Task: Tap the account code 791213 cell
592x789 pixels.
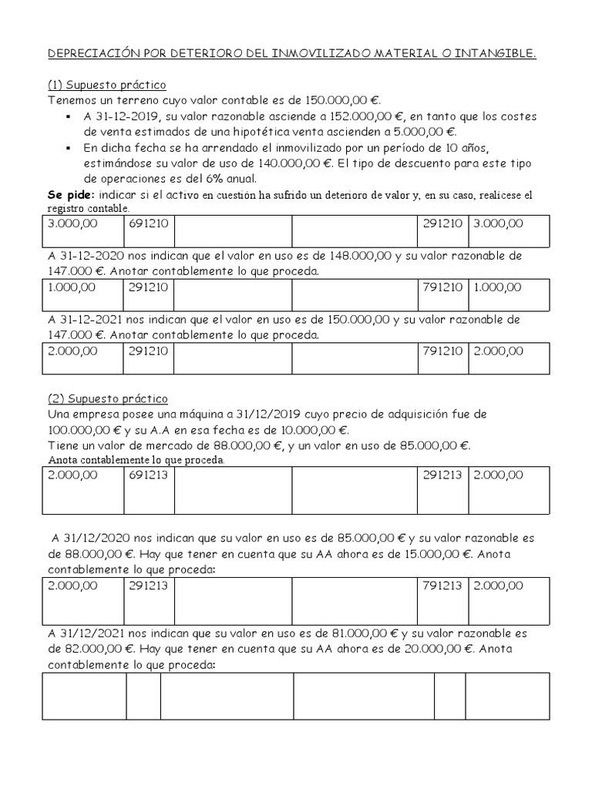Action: click(442, 586)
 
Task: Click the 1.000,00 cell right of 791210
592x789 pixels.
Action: click(497, 287)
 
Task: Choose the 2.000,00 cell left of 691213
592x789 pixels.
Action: click(73, 475)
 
